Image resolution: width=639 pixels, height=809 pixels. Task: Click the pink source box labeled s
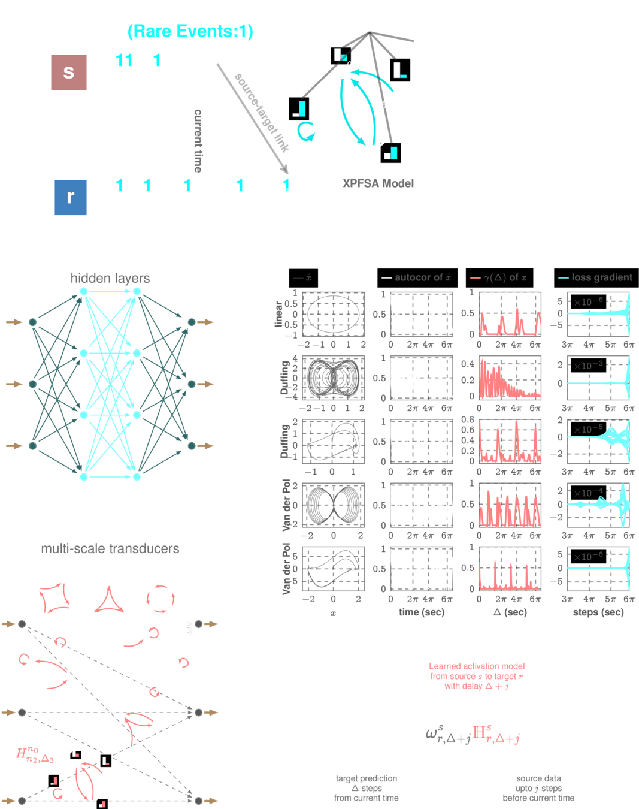[x=69, y=73]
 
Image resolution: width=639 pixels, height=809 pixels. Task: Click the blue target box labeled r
[x=70, y=197]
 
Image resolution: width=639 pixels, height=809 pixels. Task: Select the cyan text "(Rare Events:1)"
[x=190, y=31]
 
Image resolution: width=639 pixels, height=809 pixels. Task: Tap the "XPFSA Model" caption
[x=378, y=183]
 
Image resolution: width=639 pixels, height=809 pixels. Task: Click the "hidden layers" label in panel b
[x=110, y=278]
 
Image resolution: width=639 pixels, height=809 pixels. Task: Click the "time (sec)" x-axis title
[x=422, y=612]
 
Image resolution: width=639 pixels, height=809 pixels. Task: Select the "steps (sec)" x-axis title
[x=598, y=612]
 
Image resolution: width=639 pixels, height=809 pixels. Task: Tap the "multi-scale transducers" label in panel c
[x=110, y=549]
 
